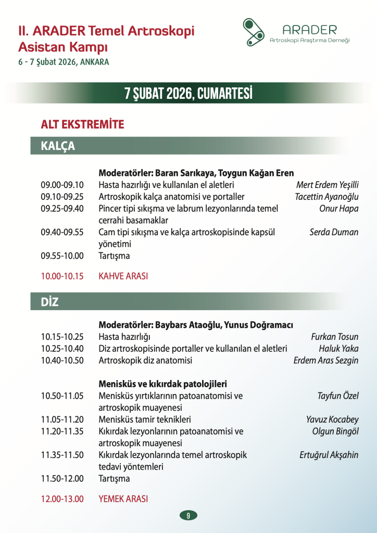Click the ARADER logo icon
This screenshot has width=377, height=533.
coord(255,32)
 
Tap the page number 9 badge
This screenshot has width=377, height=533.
coord(188,515)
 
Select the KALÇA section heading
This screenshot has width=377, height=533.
coord(58,146)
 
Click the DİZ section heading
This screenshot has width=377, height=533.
coord(50,302)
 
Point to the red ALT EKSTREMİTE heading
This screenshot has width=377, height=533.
coord(82,124)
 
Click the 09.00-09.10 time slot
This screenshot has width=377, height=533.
coord(62,185)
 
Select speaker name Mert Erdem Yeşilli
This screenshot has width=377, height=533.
coord(327,185)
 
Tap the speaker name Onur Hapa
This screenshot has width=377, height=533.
coord(338,209)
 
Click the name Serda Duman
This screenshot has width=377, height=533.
coord(334,232)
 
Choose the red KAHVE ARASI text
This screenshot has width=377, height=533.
coord(123,276)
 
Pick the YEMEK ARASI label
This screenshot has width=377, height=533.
coord(123,499)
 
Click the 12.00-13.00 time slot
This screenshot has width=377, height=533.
coord(62,499)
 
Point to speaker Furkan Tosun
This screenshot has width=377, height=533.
coord(334,336)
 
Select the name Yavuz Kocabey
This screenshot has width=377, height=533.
coord(332,420)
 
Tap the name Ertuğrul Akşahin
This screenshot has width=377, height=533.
coord(329,455)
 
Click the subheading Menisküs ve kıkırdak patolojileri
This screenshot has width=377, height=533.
coord(162,384)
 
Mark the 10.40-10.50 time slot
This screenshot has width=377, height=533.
coord(62,360)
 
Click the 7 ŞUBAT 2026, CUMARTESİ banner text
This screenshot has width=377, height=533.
coord(188,94)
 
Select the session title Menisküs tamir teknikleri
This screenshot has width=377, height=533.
coord(145,420)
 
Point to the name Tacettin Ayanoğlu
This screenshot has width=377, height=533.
coord(326,197)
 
